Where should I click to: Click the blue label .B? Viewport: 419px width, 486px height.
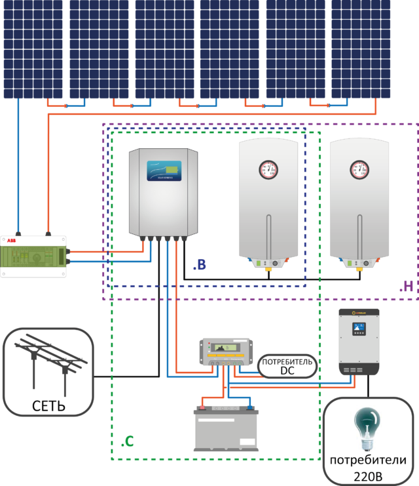pyautogui.click(x=200, y=265)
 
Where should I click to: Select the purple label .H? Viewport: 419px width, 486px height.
pyautogui.click(x=407, y=286)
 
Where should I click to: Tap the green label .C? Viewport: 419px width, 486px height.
pyautogui.click(x=128, y=442)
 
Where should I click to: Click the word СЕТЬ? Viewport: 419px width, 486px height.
pyautogui.click(x=48, y=406)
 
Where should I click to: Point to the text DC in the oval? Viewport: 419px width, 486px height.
pyautogui.click(x=287, y=371)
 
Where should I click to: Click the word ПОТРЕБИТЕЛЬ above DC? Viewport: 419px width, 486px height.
pyautogui.click(x=287, y=362)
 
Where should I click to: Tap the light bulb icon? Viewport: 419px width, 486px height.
pyautogui.click(x=367, y=428)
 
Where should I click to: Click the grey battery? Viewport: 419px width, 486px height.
pyautogui.click(x=227, y=430)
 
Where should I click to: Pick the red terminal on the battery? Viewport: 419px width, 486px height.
pyautogui.click(x=203, y=407)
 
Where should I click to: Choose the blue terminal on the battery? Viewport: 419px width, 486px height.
pyautogui.click(x=249, y=407)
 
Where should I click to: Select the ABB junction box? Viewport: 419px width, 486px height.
pyautogui.click(x=33, y=256)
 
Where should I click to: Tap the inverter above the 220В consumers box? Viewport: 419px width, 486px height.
pyautogui.click(x=359, y=341)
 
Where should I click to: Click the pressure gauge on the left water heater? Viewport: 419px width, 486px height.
pyautogui.click(x=268, y=169)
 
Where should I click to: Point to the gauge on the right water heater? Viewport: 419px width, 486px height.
pyautogui.click(x=359, y=169)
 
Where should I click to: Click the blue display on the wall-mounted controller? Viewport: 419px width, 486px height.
pyautogui.click(x=164, y=171)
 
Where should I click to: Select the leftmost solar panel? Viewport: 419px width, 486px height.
pyautogui.click(x=33, y=49)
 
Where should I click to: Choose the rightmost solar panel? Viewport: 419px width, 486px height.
pyautogui.click(x=361, y=49)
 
